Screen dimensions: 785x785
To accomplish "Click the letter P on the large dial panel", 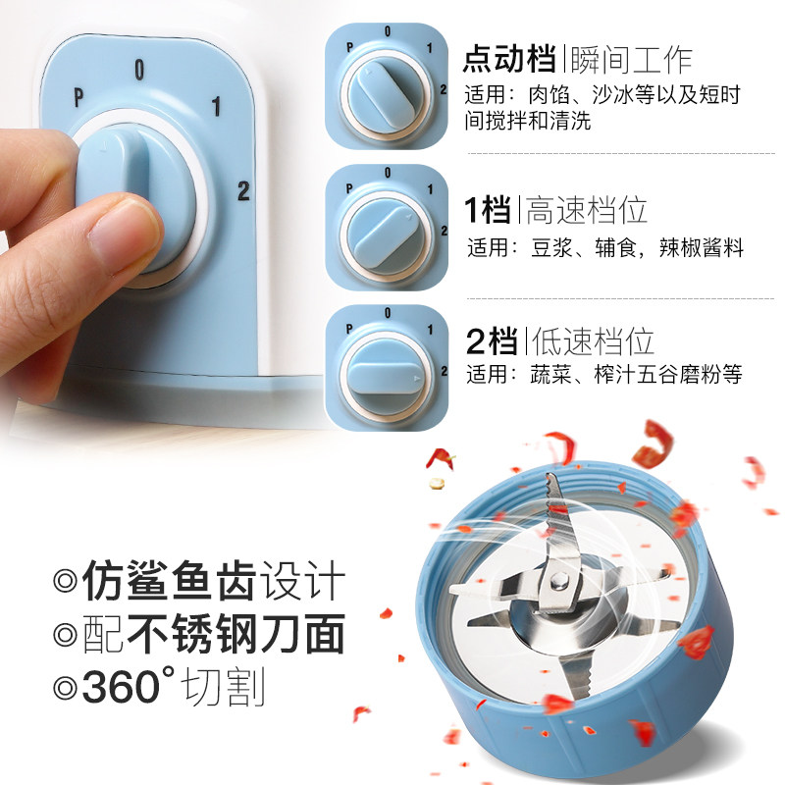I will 78,96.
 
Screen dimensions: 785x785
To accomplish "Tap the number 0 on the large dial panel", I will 139,69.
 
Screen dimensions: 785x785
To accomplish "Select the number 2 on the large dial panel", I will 243,190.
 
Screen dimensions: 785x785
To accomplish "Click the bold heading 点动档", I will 511,60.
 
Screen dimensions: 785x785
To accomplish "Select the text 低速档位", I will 591,341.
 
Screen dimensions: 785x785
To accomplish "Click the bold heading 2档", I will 492,341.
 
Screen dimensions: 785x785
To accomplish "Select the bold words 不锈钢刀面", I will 235,635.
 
